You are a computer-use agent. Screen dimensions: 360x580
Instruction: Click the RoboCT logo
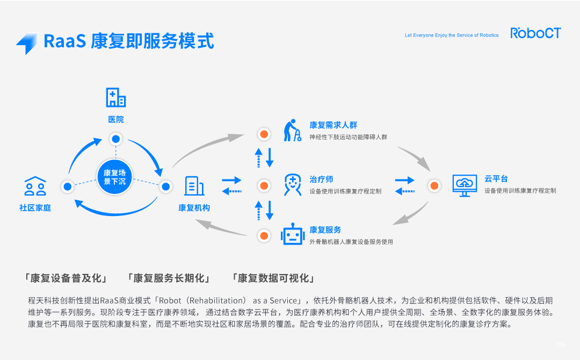535,33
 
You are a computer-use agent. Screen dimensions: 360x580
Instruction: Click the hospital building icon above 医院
115,97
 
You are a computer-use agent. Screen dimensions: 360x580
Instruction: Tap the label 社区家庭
35,208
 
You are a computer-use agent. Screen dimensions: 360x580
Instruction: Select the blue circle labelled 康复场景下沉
114,177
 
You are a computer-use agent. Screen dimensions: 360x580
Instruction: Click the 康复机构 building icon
194,186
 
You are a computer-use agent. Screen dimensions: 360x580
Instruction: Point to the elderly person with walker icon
292,131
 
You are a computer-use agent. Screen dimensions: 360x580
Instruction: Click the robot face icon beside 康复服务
293,235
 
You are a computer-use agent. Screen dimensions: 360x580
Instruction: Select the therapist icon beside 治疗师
292,185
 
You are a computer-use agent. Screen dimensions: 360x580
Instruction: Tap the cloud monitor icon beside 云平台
464,185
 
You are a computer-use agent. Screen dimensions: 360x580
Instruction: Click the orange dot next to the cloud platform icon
434,186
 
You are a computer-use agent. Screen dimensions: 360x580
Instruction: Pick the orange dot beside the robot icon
264,235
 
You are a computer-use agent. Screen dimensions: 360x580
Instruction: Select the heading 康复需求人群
333,125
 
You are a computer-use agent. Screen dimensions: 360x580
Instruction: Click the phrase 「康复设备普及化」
66,278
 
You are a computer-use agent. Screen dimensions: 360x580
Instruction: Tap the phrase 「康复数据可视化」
273,278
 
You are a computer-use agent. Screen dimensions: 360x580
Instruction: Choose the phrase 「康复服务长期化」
169,278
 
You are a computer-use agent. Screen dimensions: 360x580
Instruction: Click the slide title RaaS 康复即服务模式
129,41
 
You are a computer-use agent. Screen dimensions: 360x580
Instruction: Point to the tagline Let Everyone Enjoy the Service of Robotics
451,35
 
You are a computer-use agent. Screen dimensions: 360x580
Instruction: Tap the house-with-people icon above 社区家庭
35,186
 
